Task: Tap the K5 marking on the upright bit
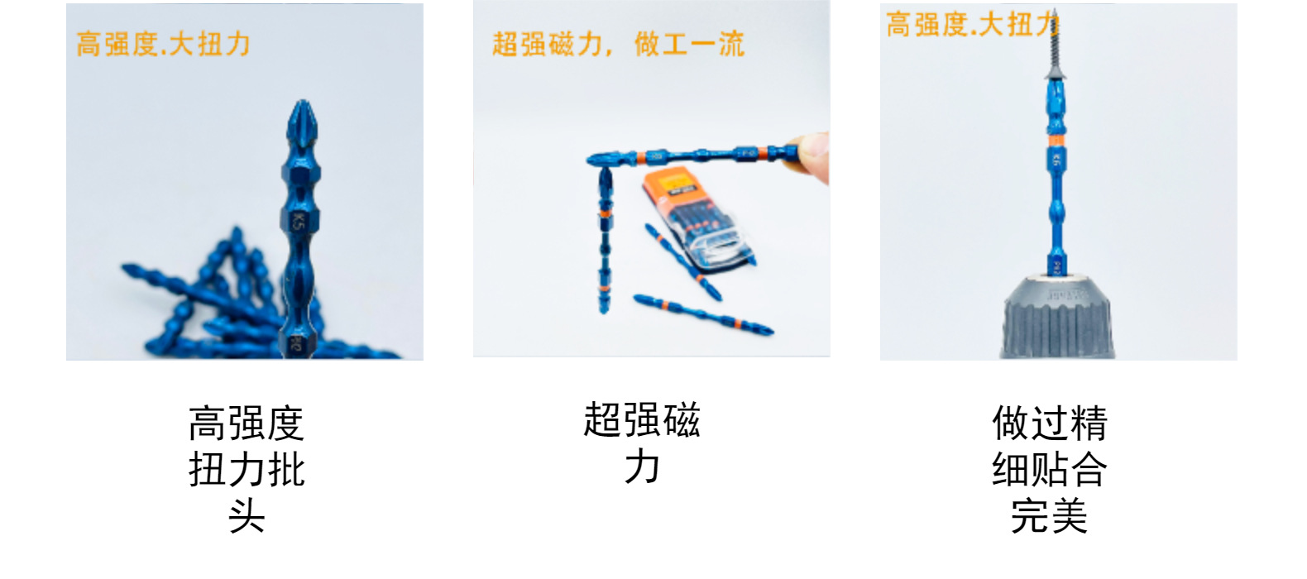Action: pyautogui.click(x=299, y=220)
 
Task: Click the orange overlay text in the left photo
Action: pyautogui.click(x=163, y=44)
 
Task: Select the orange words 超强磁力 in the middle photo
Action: pyautogui.click(x=547, y=44)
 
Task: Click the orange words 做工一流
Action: pyautogui.click(x=689, y=44)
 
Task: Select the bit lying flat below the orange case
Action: pyautogui.click(x=703, y=314)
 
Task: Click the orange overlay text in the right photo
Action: pyautogui.click(x=972, y=25)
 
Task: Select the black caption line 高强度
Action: pyautogui.click(x=247, y=423)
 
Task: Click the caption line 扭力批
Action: pyautogui.click(x=247, y=470)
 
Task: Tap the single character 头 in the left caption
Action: pyautogui.click(x=247, y=516)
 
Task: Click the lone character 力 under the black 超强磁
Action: pyautogui.click(x=642, y=467)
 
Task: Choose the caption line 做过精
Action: pyautogui.click(x=1050, y=423)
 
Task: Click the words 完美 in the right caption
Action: pyautogui.click(x=1050, y=516)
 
